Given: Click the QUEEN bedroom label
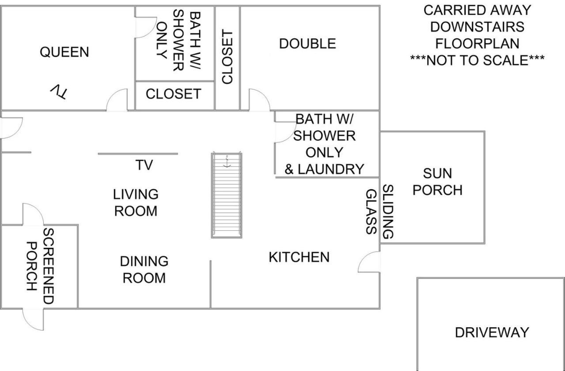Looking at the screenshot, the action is pos(64,52).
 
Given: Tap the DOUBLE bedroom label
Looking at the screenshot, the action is pos(307,44).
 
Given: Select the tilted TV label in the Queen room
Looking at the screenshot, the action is pos(59,91).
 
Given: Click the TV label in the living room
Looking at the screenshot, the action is pos(144,165).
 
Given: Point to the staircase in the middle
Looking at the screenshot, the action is pos(227,195).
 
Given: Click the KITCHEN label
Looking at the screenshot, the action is pos(299,257).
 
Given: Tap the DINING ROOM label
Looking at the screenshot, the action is pos(144,270).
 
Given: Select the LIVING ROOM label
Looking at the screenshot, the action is pos(136,202).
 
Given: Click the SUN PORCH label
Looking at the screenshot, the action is pos(437,182).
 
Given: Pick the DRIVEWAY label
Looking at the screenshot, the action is pos(492,333).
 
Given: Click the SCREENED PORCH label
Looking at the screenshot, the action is pos(40,266).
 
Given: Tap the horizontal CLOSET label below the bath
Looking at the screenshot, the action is pos(174,94).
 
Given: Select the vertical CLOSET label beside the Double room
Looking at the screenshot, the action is pos(227,56).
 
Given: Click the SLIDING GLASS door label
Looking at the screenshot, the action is pos(379,212).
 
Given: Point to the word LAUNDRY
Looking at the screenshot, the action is pos(331,169).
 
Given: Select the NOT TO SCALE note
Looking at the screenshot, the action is pos(477,60).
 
